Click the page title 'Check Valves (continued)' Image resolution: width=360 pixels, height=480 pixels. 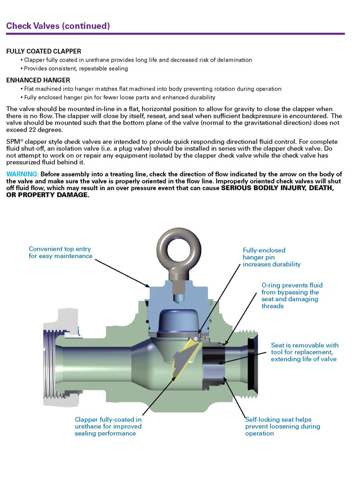click(x=58, y=25)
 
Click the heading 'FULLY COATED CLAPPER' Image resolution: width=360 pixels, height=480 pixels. click(x=44, y=51)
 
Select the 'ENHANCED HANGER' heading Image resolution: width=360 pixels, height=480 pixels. click(x=38, y=80)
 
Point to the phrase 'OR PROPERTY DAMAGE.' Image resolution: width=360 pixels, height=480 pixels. click(x=48, y=194)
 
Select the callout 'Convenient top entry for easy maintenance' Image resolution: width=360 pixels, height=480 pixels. click(x=60, y=252)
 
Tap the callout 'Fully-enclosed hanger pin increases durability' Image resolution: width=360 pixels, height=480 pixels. click(x=272, y=257)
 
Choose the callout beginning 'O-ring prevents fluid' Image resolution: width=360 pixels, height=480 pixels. click(x=290, y=295)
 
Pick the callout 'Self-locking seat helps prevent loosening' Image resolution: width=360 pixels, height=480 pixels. click(x=283, y=426)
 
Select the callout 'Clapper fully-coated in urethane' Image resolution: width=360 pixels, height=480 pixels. click(x=108, y=426)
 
